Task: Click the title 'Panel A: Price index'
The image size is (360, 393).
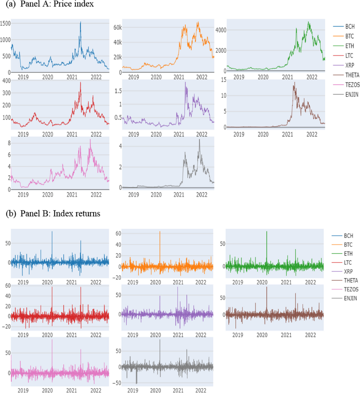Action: point(57,4)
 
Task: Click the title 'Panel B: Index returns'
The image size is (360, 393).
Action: point(60,213)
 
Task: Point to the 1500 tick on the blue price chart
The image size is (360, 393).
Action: point(5,23)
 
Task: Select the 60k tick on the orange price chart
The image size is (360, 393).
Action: point(118,28)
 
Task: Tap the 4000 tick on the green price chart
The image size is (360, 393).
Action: point(221,30)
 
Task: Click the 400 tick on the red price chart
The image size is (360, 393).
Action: point(6,81)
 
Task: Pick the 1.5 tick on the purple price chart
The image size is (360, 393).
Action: point(118,91)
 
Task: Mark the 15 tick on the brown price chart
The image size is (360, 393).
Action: point(223,80)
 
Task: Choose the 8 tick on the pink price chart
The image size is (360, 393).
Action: point(9,143)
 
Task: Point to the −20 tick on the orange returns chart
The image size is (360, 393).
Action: point(117,278)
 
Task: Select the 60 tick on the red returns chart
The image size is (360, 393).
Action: point(8,286)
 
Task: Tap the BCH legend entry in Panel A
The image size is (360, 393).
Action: point(350,27)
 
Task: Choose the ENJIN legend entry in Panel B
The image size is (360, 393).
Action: point(350,298)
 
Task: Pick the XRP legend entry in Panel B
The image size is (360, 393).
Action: point(348,271)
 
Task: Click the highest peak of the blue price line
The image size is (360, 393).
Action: point(80,22)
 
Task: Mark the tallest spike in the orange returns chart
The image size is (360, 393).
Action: point(160,232)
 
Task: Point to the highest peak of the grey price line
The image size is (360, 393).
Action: point(199,140)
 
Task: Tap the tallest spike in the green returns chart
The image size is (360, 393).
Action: point(267,232)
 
